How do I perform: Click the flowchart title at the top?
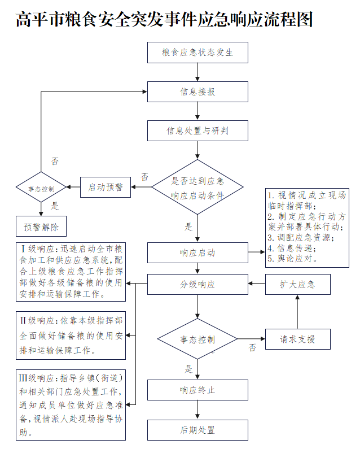164,20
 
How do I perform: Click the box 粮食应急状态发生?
197,53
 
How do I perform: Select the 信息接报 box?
197,92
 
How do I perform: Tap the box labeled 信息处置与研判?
197,131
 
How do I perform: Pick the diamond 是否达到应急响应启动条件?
197,187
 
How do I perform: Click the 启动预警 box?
106,187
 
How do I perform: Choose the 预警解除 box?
41,226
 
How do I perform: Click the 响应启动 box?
197,252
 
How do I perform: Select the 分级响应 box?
197,284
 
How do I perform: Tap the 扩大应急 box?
297,284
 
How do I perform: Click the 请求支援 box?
297,339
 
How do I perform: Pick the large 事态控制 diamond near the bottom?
197,339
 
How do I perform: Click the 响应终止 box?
197,390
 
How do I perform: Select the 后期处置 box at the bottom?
197,429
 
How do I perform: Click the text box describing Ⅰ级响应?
71,271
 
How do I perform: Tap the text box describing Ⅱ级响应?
71,335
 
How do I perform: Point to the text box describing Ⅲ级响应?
71,404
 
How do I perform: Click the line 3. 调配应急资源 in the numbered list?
301,237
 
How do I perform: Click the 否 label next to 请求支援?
252,347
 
